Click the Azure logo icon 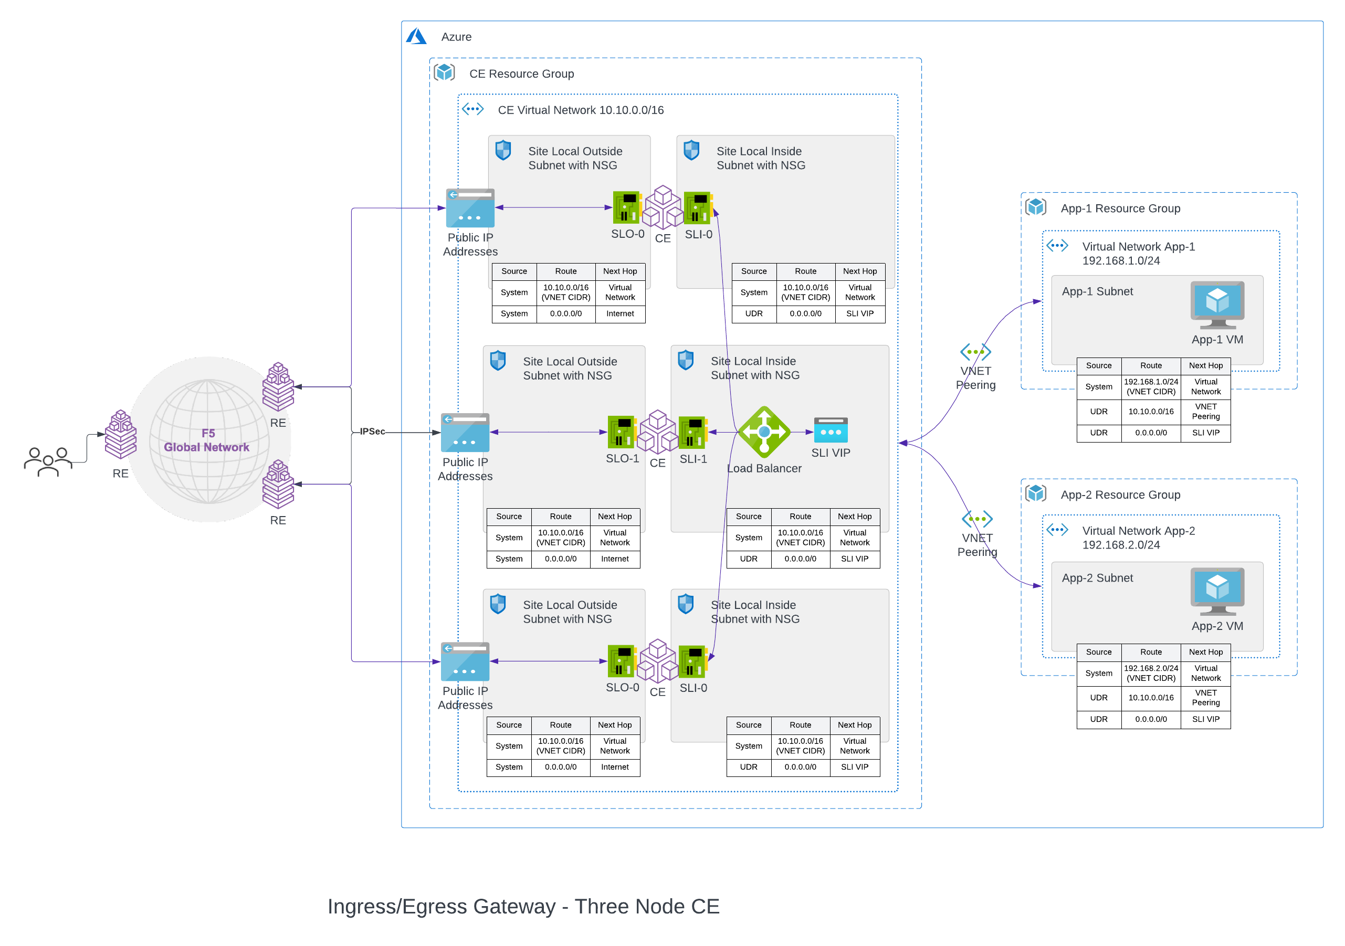click(x=416, y=36)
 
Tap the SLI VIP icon click(x=830, y=430)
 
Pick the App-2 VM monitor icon click(x=1217, y=591)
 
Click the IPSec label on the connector click(x=372, y=431)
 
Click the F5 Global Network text click(x=207, y=440)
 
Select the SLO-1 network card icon click(x=621, y=432)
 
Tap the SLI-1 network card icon click(x=692, y=432)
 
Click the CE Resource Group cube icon click(x=444, y=72)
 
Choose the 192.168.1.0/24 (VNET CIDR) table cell click(x=1151, y=386)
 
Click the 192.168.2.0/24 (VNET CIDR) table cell click(x=1151, y=672)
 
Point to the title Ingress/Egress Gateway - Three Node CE click(x=523, y=906)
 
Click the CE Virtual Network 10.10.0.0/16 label click(x=580, y=110)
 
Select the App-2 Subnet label click(x=1097, y=577)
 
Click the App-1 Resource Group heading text click(x=1120, y=208)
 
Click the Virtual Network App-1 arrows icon click(x=1057, y=246)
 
